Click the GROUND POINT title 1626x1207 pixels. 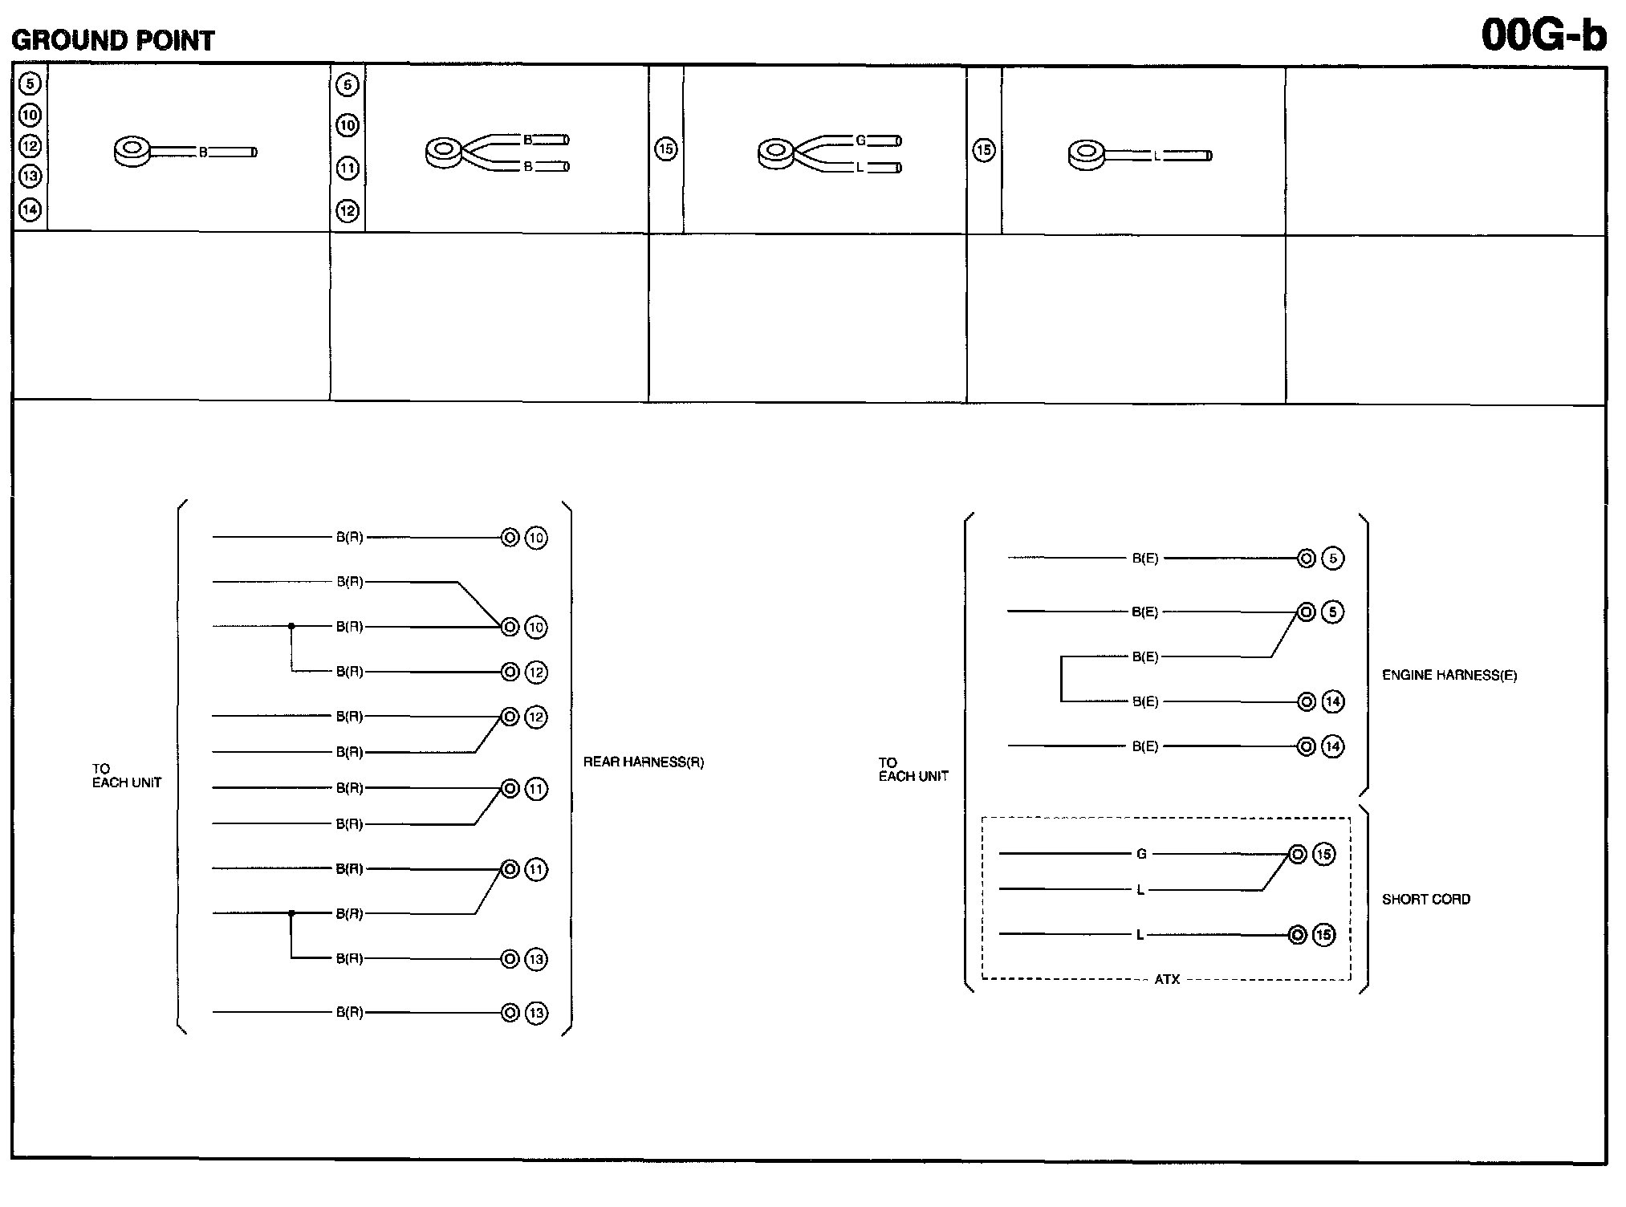coord(113,40)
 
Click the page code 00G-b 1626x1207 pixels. coord(1543,35)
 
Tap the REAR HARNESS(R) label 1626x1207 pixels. coord(643,762)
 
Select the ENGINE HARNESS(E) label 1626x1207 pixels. coord(1449,675)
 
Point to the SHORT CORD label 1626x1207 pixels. coord(1425,899)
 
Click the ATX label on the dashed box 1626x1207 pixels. coord(1166,979)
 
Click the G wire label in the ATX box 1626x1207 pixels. coord(1141,854)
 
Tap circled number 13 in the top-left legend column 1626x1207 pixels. coord(30,176)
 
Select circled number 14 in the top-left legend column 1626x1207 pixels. coord(30,209)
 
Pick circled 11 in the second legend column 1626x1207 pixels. coord(347,168)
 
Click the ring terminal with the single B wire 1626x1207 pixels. coord(132,151)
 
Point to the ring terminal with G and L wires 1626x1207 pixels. coord(776,152)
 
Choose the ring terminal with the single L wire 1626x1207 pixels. coord(1087,154)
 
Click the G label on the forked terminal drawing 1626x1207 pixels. coord(860,140)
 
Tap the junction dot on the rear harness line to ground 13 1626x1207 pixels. coord(291,913)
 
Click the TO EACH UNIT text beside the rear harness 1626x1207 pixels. coord(126,775)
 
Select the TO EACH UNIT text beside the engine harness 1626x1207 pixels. coord(913,769)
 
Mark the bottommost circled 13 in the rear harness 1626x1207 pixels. coord(536,1013)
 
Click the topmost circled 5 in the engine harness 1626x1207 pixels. coord(1332,558)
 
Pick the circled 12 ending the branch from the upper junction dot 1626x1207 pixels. coord(536,672)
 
